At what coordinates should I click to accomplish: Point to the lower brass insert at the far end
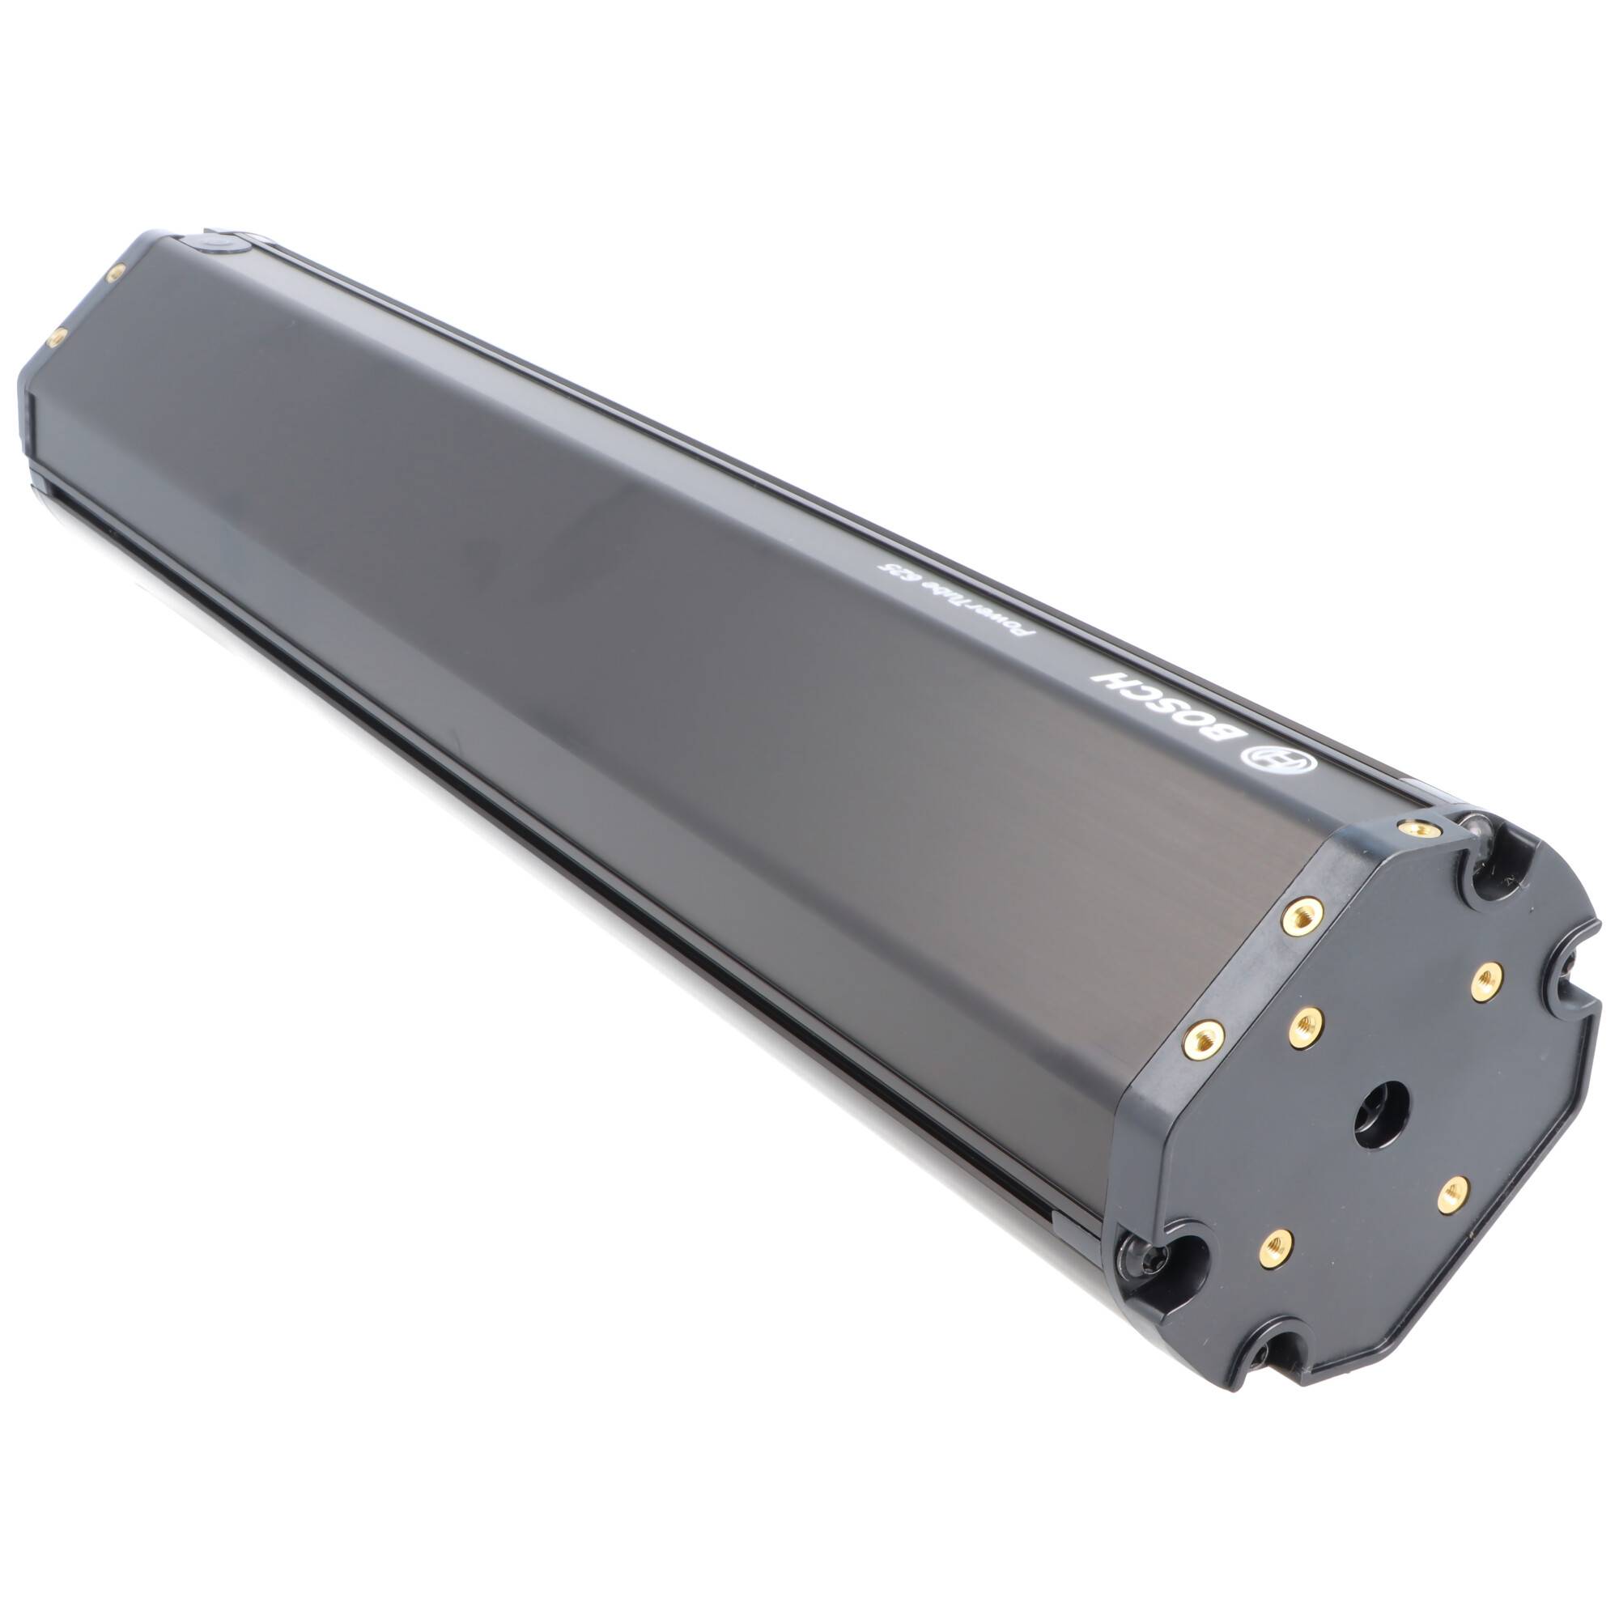[57, 336]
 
